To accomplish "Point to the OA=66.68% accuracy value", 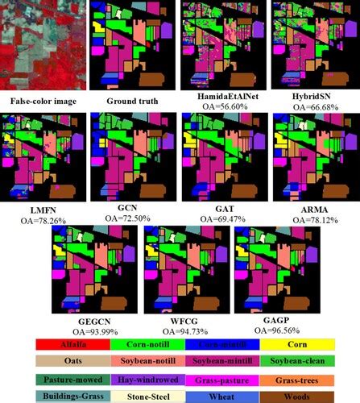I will [x=313, y=106].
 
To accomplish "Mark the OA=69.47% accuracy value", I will [x=223, y=218].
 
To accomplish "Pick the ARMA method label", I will [x=313, y=207].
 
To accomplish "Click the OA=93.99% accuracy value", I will [x=89, y=326].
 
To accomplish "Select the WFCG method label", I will [x=180, y=315].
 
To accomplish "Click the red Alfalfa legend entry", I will [x=72, y=345].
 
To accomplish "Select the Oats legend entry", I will [x=72, y=360].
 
